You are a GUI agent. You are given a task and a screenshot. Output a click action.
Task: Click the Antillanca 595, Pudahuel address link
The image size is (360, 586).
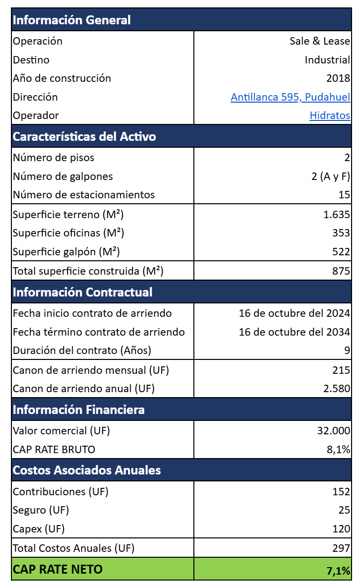point(290,97)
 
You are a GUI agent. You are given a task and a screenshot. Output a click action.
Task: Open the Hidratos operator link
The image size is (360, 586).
point(330,116)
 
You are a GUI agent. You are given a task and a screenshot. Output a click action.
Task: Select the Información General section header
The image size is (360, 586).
point(71,20)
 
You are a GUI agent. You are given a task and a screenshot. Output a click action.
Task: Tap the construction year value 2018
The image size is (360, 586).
point(338,78)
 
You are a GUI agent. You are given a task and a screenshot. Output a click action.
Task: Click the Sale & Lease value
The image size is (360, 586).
point(320,41)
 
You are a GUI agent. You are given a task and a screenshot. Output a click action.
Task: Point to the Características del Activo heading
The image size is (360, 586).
point(84,137)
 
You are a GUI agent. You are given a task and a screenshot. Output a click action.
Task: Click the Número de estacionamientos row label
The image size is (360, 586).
point(84,195)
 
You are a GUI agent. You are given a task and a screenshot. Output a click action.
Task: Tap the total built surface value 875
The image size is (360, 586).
point(341,271)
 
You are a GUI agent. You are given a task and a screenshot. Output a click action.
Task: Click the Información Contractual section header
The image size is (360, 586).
point(82,292)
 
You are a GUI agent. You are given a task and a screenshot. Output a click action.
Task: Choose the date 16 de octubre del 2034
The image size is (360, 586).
point(295,332)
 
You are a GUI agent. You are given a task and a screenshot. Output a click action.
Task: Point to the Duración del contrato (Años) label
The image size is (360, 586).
point(82,351)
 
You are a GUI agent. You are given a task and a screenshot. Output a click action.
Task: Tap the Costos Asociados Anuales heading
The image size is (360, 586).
point(87,470)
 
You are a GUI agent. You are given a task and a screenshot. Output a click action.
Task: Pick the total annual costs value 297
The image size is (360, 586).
point(341,548)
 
